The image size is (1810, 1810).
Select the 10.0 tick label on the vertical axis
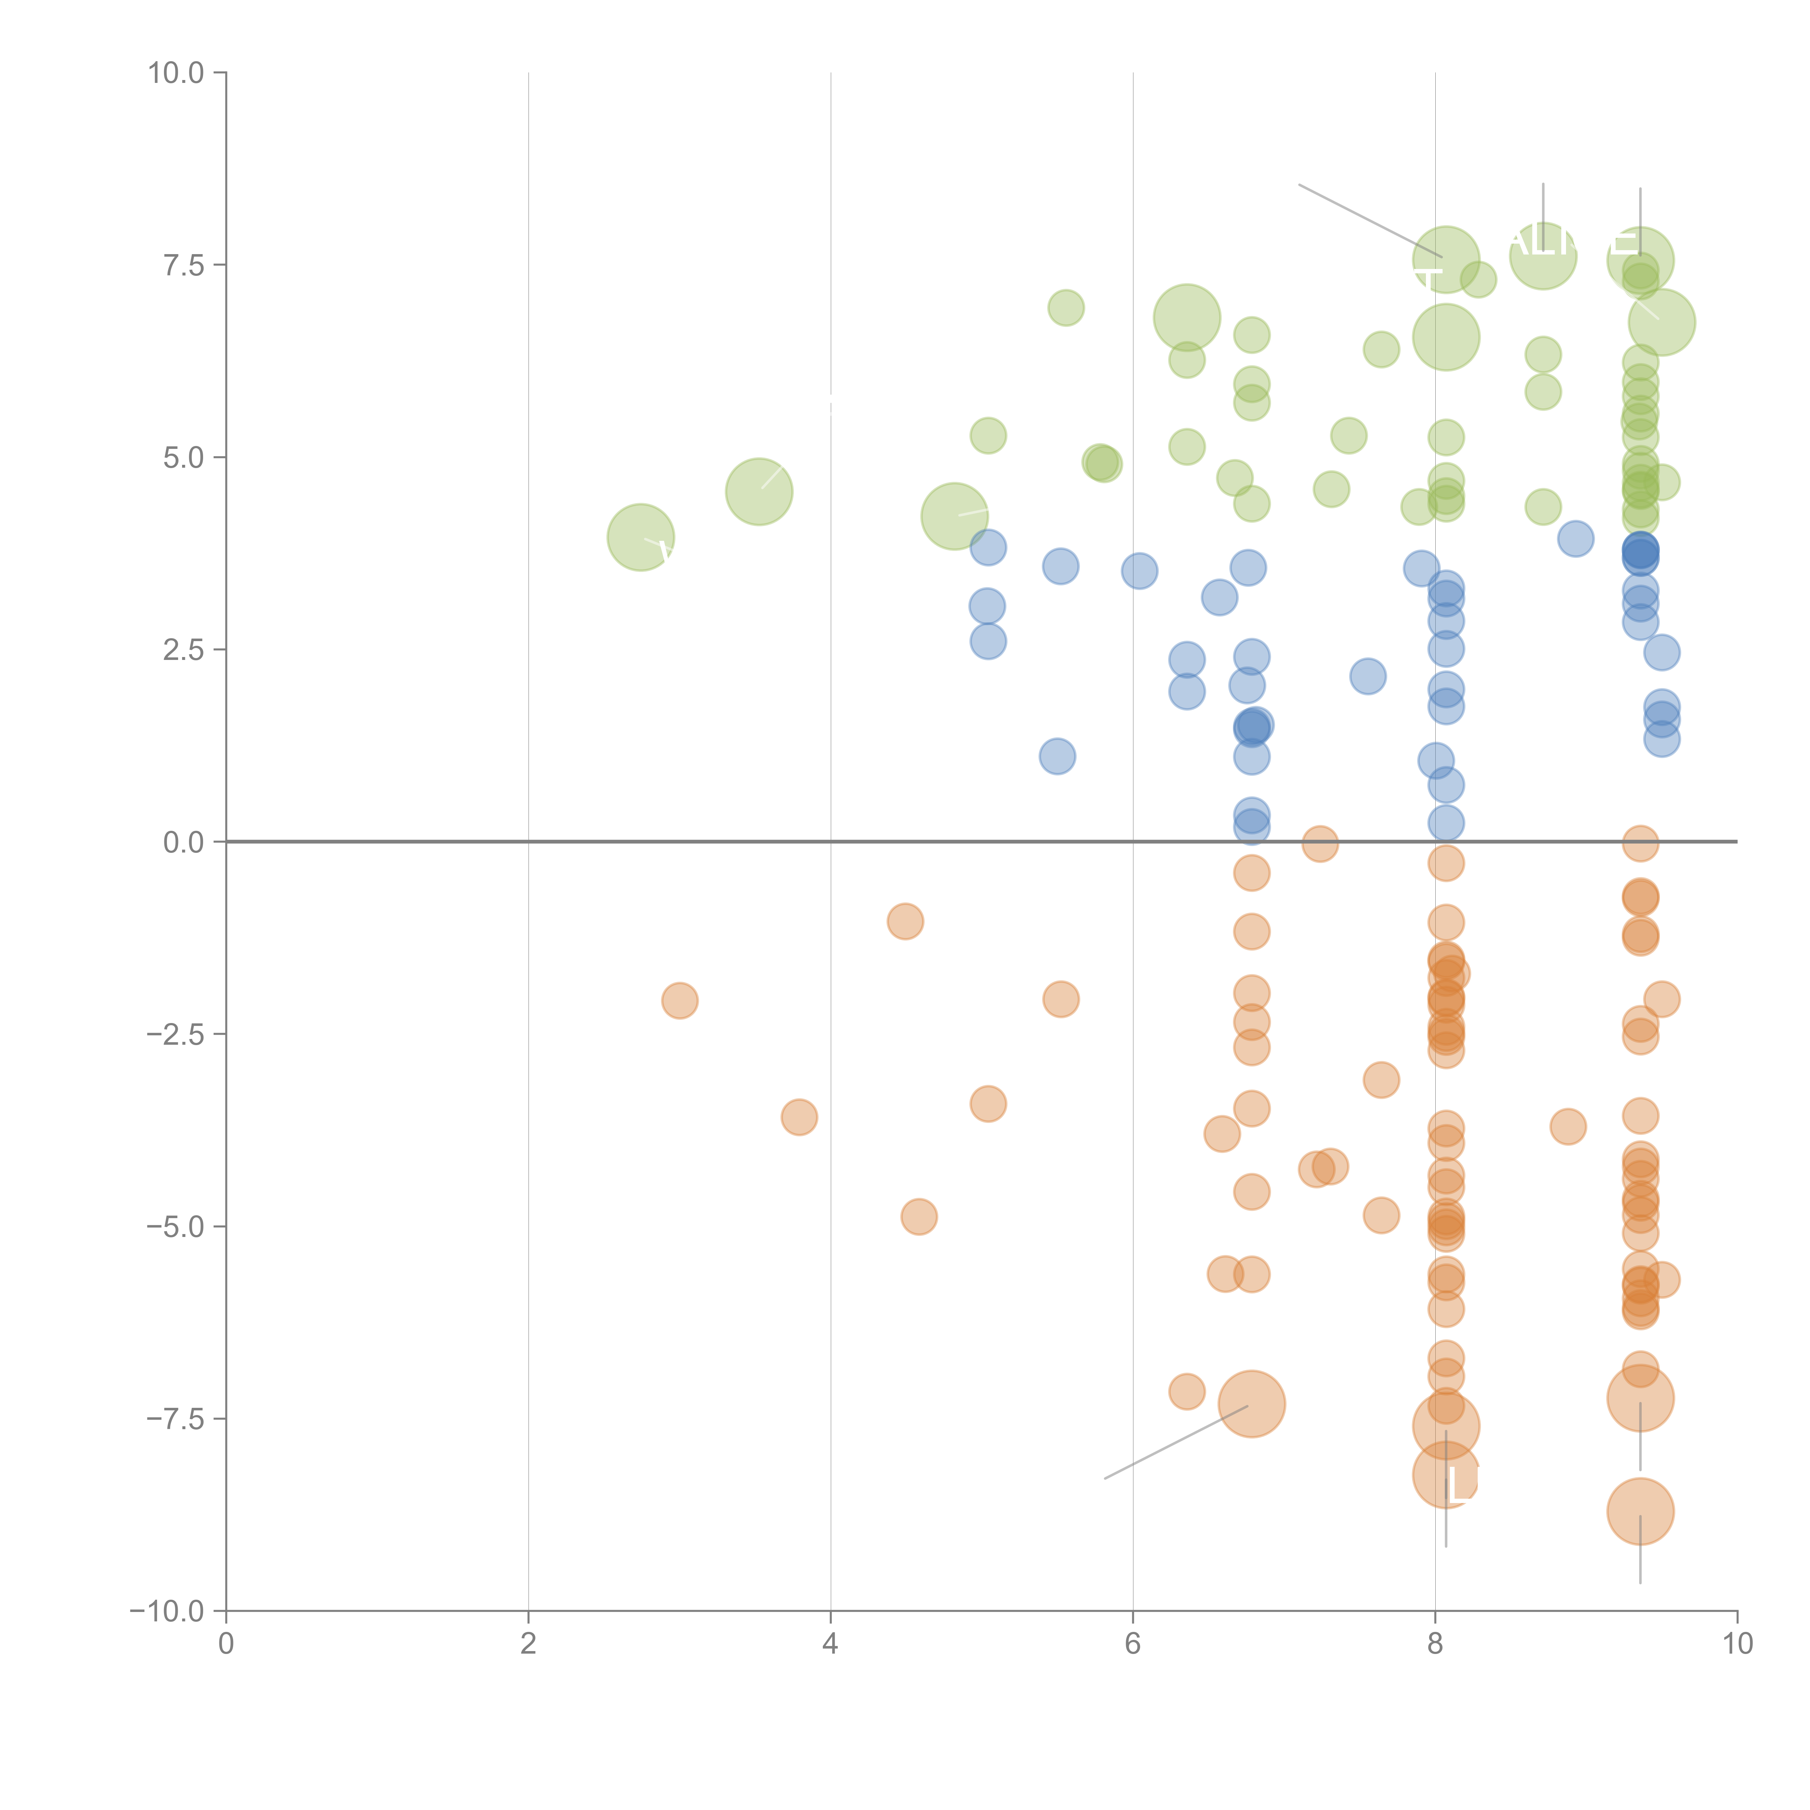coord(176,73)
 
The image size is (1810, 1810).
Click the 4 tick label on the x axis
coord(830,1644)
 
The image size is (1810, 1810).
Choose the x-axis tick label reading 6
coord(1133,1644)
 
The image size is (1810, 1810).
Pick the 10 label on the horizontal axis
coord(1737,1644)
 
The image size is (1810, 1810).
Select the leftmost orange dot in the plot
coord(679,1001)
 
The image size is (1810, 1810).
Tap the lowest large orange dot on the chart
coord(1639,1511)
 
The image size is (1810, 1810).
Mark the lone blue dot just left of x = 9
coord(1576,539)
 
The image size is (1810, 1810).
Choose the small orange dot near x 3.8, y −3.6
coord(799,1117)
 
